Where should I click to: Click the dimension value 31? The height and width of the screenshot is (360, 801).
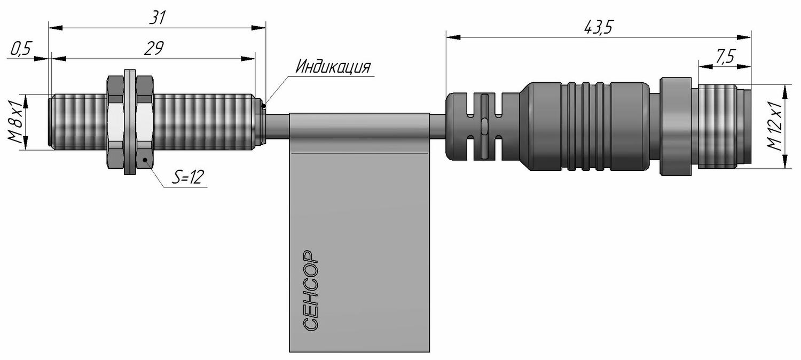click(x=157, y=18)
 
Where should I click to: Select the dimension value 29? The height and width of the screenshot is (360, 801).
click(x=154, y=48)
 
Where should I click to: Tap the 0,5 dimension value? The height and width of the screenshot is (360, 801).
click(x=21, y=49)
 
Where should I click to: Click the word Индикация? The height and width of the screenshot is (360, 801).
click(x=333, y=67)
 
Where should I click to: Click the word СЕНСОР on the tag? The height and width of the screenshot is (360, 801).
click(x=310, y=290)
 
